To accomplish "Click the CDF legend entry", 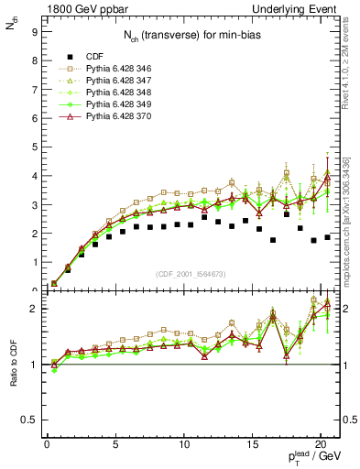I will [x=94, y=56].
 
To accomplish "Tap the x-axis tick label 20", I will [x=320, y=445].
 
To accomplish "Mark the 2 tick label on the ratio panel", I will [x=33, y=309].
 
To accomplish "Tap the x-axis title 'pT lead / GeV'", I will [x=315, y=458].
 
